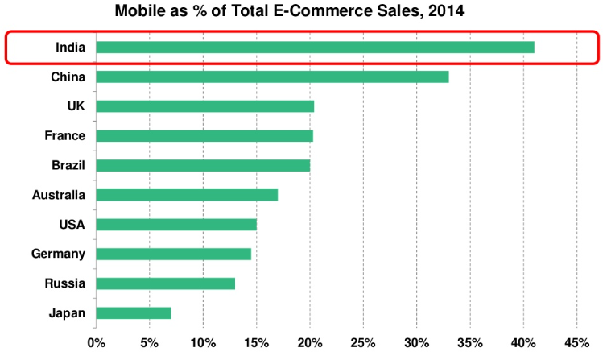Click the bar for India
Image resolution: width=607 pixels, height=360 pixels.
[x=315, y=48]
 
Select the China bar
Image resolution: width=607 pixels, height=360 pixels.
[x=272, y=77]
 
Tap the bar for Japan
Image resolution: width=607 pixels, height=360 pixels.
[x=134, y=312]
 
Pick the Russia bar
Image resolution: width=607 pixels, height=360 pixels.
[x=166, y=283]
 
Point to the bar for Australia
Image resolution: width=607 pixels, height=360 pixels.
[x=187, y=195]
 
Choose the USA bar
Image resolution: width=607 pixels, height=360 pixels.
[x=176, y=224]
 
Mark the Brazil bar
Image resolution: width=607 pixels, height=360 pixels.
[x=203, y=165]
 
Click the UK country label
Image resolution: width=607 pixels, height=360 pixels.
[x=76, y=106]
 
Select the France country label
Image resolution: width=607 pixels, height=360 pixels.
[x=64, y=136]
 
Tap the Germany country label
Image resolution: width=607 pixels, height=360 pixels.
[x=58, y=254]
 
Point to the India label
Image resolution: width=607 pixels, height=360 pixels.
[x=70, y=48]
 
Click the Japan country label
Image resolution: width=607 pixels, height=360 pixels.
[x=66, y=312]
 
